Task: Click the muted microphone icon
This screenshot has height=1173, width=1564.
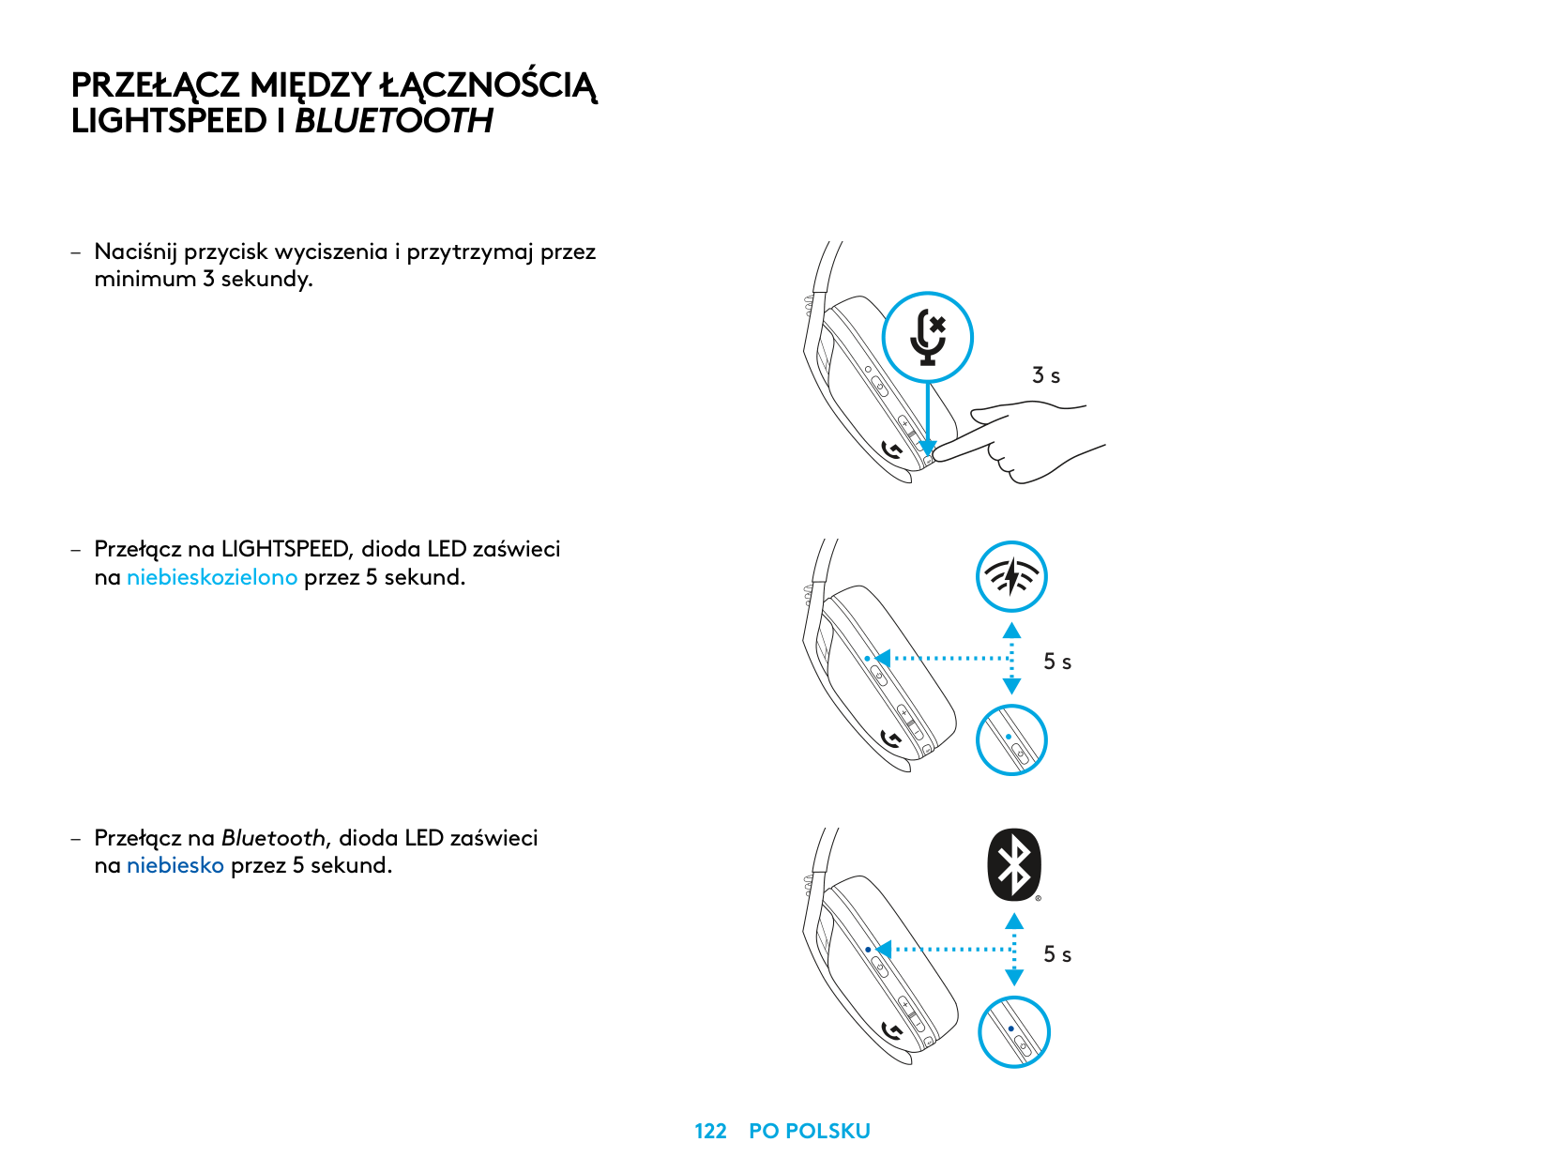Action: (928, 337)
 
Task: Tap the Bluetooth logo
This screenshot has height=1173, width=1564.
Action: (1013, 863)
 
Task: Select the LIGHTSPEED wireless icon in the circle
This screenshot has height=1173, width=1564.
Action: (1011, 576)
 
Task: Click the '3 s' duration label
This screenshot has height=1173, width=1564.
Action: (1046, 375)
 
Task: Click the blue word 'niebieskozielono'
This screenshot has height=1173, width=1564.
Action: (212, 577)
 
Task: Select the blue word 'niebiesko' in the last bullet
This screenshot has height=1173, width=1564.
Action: (175, 865)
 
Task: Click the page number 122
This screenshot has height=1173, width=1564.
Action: (710, 1131)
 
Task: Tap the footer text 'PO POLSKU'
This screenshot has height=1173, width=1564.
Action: (809, 1131)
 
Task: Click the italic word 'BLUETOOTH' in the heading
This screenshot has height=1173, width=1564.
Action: (394, 121)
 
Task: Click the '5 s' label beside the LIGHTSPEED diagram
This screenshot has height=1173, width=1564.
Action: (1057, 662)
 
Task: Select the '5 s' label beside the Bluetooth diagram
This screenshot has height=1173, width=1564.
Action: (1057, 954)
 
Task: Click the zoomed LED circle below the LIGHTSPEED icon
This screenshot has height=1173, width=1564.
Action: (1011, 739)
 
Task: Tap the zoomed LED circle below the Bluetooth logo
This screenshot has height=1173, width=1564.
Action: (1013, 1031)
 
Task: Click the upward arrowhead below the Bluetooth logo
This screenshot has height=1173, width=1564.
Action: (1014, 922)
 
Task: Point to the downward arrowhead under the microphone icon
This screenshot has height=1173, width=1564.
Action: (928, 448)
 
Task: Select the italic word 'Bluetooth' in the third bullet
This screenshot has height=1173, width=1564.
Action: (273, 838)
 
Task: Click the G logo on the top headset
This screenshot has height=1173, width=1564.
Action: (892, 451)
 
